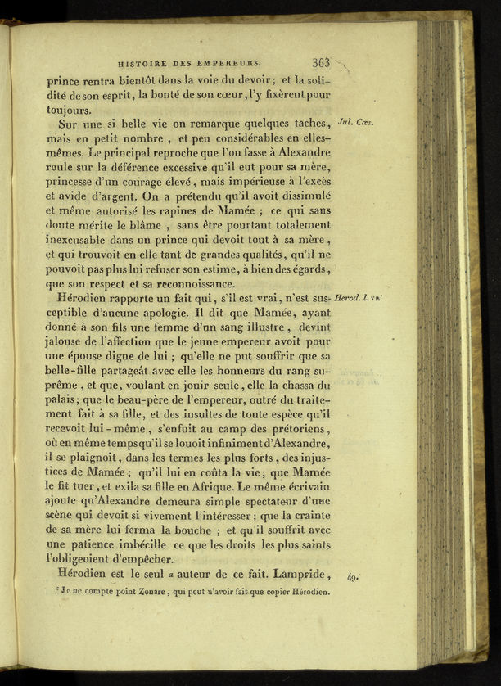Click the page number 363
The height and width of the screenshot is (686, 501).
[x=321, y=61]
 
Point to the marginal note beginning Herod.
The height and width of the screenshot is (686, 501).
[x=357, y=299]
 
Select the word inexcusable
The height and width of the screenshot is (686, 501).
[x=83, y=240]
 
